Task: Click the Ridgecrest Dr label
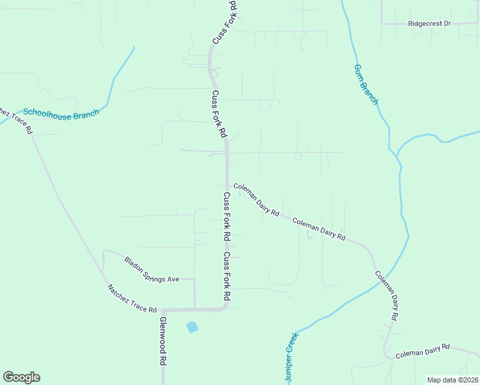coord(429,23)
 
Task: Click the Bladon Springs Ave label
coord(151,270)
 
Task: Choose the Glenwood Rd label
coord(162,341)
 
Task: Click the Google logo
coord(21,377)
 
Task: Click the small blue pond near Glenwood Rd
coord(192,327)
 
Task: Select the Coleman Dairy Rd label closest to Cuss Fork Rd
coord(257,200)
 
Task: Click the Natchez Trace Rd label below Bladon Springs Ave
coord(132,299)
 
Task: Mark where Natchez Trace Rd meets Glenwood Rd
coord(162,311)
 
